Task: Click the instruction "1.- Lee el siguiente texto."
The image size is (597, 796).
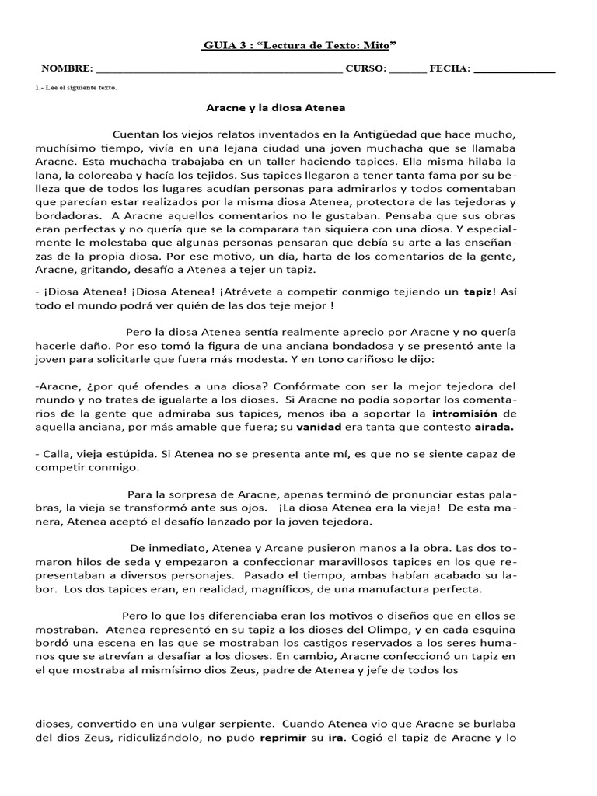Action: (x=77, y=88)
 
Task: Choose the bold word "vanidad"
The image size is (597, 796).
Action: (x=299, y=427)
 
